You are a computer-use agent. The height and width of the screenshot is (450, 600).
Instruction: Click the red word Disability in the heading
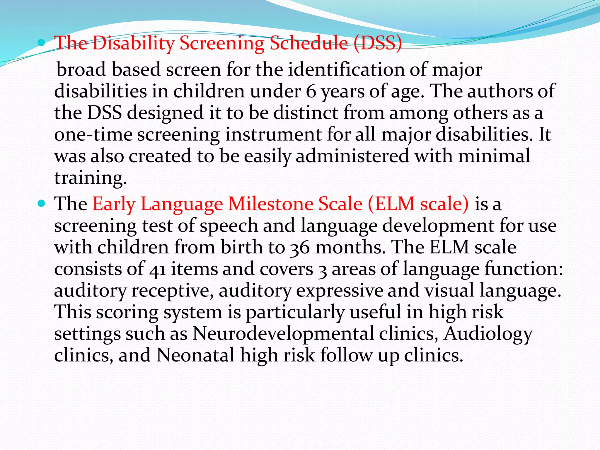(133, 43)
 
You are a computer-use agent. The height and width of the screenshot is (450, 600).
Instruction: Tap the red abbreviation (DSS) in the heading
(378, 43)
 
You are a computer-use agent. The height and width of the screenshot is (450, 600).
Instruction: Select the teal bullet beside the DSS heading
(42, 43)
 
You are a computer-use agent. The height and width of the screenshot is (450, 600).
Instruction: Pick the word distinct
(306, 113)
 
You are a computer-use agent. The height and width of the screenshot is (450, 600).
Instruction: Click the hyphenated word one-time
(93, 135)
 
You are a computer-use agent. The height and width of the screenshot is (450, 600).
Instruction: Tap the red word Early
(114, 204)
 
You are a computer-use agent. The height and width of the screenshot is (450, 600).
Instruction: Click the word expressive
(340, 291)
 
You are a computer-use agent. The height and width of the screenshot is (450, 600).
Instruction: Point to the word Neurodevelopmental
(283, 334)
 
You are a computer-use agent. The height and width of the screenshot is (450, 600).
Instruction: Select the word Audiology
(487, 334)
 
